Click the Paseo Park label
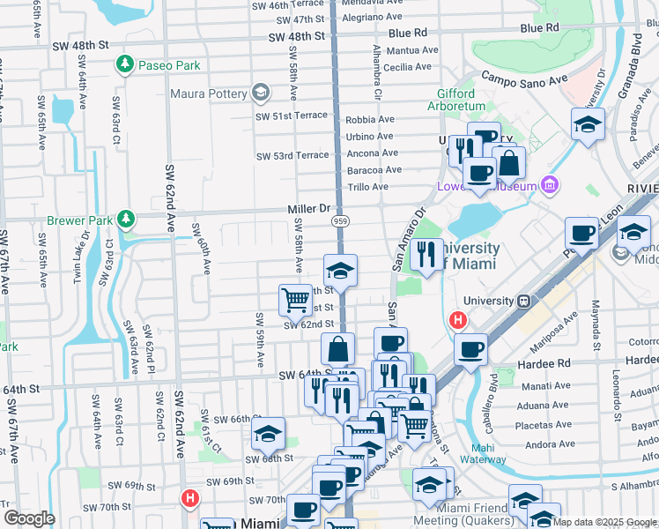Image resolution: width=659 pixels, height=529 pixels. [168, 65]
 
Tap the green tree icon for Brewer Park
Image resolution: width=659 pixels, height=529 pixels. [126, 218]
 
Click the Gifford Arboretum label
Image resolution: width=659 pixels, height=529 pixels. [455, 101]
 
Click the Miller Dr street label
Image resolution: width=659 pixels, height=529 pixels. [307, 208]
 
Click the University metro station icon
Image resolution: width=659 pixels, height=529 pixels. [523, 301]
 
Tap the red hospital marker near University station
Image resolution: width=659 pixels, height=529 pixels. [458, 321]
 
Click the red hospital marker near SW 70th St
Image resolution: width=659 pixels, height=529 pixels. [189, 499]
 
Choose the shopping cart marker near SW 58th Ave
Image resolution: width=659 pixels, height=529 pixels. [295, 299]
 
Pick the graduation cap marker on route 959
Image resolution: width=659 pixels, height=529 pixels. [340, 270]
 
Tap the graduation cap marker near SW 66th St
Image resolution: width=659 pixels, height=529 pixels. [268, 433]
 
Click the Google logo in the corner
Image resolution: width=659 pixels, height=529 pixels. [29, 518]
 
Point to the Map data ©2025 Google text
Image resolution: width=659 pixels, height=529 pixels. [603, 522]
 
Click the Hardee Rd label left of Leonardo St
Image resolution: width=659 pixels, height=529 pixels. [551, 362]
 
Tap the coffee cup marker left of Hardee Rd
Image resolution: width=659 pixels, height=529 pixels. [471, 349]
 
